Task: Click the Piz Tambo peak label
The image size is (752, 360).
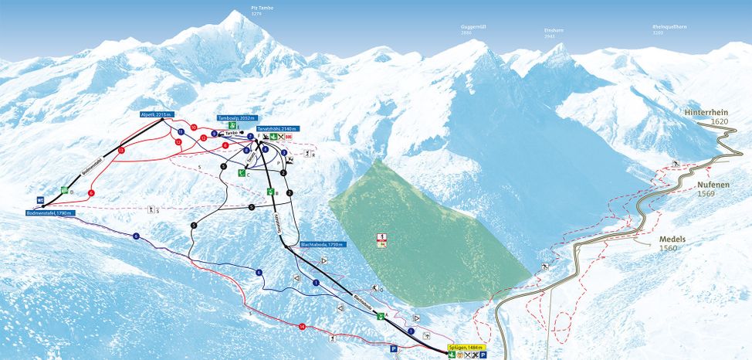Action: tap(263, 8)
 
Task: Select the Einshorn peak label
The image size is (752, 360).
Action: tap(554, 30)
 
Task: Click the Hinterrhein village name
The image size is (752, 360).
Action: tap(706, 112)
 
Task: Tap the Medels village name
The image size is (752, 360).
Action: tap(673, 239)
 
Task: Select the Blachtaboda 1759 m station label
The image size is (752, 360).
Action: tap(323, 244)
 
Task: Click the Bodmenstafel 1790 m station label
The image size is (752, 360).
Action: tap(49, 212)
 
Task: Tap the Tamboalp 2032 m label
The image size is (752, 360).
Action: tap(235, 118)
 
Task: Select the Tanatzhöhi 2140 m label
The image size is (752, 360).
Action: tap(278, 128)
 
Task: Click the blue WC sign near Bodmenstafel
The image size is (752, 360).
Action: tap(39, 199)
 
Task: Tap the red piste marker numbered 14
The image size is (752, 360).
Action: tap(302, 328)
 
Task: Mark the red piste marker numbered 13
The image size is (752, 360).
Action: tap(121, 151)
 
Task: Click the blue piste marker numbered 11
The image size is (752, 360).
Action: tap(180, 132)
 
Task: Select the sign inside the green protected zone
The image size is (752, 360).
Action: tap(381, 239)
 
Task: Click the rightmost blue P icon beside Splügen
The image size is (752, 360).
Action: tap(484, 355)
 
